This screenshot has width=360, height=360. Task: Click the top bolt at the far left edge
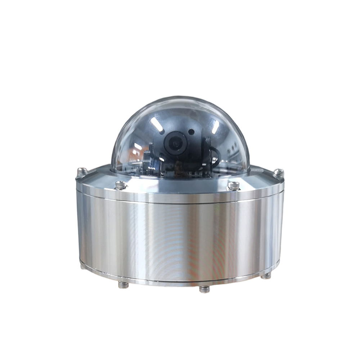(x=82, y=171)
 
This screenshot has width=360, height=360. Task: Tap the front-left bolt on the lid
(x=121, y=185)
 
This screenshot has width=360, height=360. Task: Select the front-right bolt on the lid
(x=234, y=186)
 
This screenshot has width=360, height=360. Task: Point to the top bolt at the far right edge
(x=278, y=172)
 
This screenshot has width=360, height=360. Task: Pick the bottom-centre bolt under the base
(x=204, y=289)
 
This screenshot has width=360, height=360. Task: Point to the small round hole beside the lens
(x=192, y=132)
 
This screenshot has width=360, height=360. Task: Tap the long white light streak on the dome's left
(x=156, y=124)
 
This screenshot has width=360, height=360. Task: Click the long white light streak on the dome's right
(x=215, y=127)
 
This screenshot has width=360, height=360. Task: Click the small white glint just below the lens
(x=162, y=159)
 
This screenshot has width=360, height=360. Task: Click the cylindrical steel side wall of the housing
(x=180, y=238)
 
